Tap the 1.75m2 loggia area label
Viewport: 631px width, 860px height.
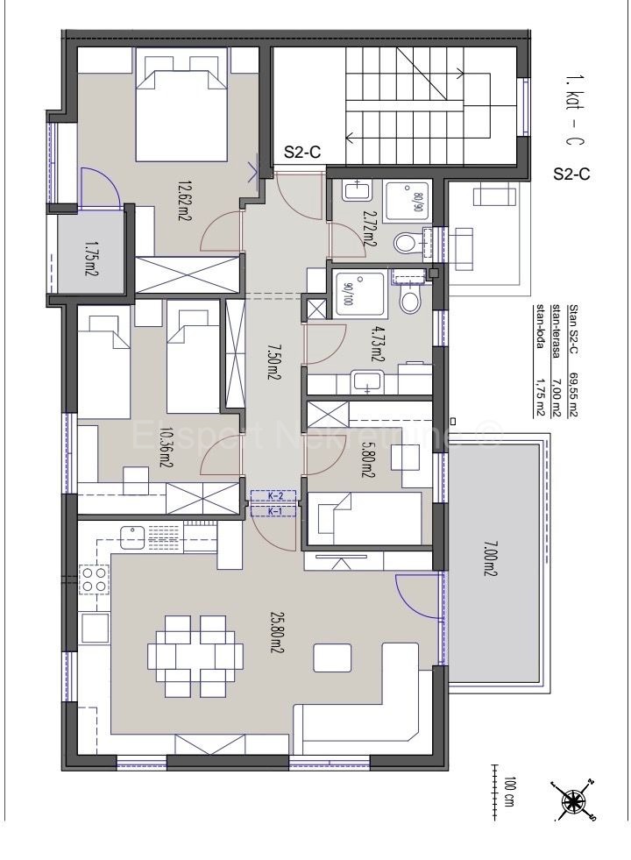point(91,260)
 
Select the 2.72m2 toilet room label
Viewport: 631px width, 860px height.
point(370,226)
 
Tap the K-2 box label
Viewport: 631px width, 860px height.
point(274,496)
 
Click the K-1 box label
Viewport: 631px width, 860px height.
point(274,510)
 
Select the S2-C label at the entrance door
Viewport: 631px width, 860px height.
point(301,153)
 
